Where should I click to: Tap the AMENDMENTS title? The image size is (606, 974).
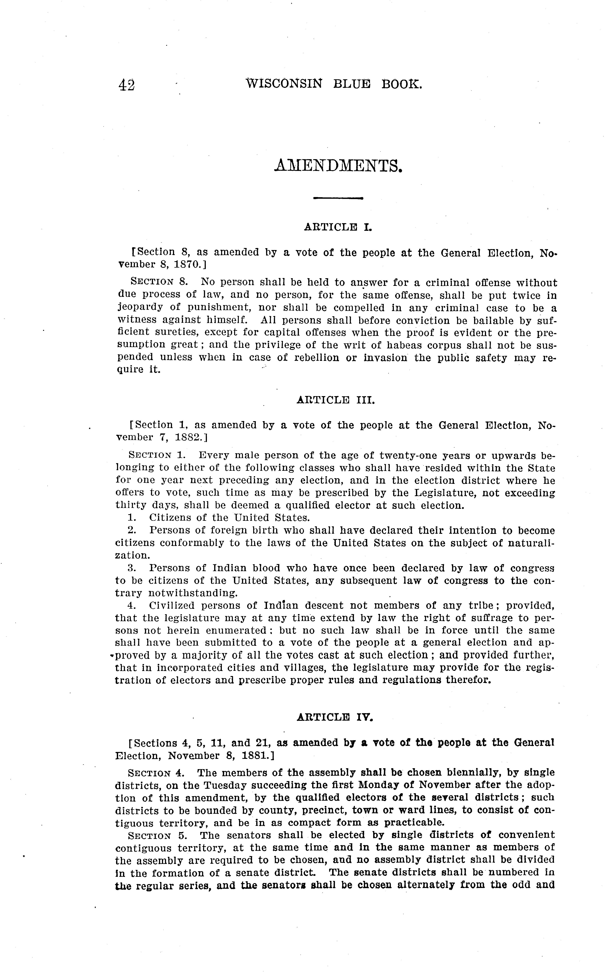tap(338, 166)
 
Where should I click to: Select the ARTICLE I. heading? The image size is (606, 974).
tap(338, 227)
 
